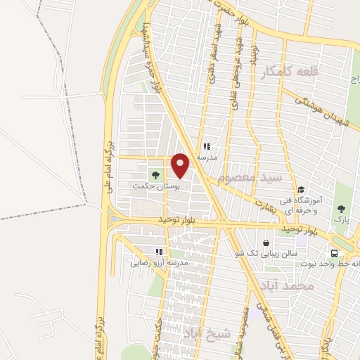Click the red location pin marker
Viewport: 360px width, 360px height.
(181, 165)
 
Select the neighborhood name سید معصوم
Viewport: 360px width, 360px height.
(250, 178)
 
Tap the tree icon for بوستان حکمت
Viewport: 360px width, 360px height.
(155, 174)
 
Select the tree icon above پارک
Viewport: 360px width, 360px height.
(341, 209)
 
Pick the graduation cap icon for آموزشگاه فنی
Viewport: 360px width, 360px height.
(300, 189)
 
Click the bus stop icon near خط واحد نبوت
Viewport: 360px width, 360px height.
(334, 253)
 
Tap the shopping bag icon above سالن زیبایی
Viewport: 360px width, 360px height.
(266, 243)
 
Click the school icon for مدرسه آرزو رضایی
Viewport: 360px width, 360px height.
(160, 251)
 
